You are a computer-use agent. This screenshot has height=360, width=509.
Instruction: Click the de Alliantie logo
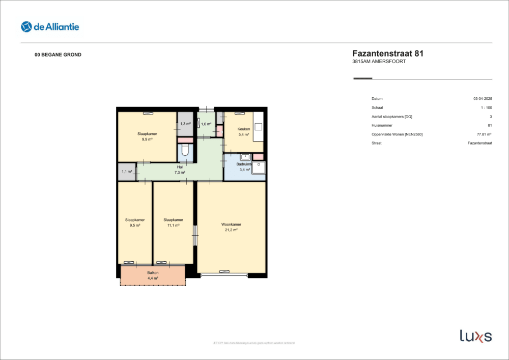pyautogui.click(x=50, y=26)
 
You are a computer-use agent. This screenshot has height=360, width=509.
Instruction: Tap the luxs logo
pyautogui.click(x=475, y=336)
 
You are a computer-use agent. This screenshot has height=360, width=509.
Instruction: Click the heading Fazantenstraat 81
pyautogui.click(x=388, y=53)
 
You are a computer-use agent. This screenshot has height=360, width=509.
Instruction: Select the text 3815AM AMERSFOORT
pyautogui.click(x=379, y=62)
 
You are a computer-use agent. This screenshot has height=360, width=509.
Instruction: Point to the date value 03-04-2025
pyautogui.click(x=483, y=99)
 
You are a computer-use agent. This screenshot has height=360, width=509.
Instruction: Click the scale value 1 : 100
pyautogui.click(x=486, y=108)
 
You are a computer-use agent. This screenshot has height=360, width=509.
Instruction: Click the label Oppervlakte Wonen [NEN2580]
pyautogui.click(x=397, y=134)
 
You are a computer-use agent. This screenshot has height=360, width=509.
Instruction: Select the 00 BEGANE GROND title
pyautogui.click(x=58, y=55)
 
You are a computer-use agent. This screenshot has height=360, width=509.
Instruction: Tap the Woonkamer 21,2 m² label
pyautogui.click(x=231, y=227)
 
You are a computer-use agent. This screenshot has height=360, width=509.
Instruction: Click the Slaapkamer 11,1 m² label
pyautogui.click(x=173, y=223)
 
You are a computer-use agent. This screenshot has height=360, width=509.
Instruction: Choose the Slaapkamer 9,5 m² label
pyautogui.click(x=135, y=223)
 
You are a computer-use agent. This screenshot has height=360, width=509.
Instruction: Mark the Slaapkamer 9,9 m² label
pyautogui.click(x=147, y=136)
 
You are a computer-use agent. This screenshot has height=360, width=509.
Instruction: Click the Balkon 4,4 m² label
pyautogui.click(x=153, y=275)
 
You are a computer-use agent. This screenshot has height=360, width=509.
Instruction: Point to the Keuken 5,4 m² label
pyautogui.click(x=244, y=132)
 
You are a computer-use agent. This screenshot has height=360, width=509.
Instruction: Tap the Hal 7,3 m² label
pyautogui.click(x=180, y=170)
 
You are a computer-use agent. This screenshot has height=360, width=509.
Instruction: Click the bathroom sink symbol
pyautogui.click(x=245, y=157)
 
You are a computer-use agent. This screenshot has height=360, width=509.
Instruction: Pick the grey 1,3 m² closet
pyautogui.click(x=185, y=124)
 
